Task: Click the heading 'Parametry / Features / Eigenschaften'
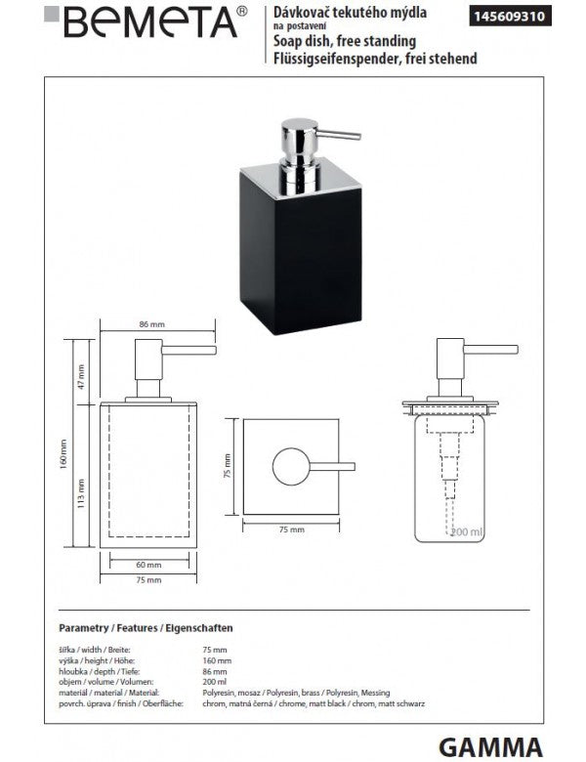(x=146, y=629)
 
